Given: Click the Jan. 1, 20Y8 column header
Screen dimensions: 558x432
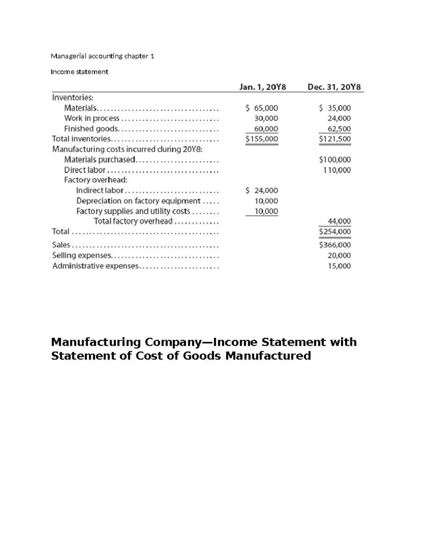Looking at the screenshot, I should pyautogui.click(x=262, y=87).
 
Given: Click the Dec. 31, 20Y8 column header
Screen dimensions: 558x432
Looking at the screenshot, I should pyautogui.click(x=334, y=87).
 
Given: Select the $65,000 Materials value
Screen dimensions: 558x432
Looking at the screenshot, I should pyautogui.click(x=262, y=108).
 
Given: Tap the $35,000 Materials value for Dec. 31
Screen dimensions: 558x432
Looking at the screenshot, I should pyautogui.click(x=335, y=108).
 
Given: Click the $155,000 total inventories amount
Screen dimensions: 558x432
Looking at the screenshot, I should pyautogui.click(x=262, y=139).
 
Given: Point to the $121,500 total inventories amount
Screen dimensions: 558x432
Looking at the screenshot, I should pyautogui.click(x=335, y=139).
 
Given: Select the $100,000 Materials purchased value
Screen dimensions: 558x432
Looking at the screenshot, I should pyautogui.click(x=335, y=160).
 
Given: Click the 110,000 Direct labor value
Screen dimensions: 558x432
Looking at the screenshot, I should pyautogui.click(x=337, y=170).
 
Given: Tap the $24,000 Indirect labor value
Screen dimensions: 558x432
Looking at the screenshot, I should pyautogui.click(x=262, y=190).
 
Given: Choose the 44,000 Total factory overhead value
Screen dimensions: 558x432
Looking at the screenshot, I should pyautogui.click(x=339, y=221).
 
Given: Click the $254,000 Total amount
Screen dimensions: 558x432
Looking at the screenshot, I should pyautogui.click(x=335, y=231).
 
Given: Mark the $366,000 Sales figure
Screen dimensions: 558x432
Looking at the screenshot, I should pyautogui.click(x=335, y=245).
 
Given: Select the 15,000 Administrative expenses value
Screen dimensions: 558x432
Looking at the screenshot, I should pyautogui.click(x=339, y=266).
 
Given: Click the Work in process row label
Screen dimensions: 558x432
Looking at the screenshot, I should pyautogui.click(x=91, y=118).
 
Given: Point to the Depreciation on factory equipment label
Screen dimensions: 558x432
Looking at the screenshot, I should pyautogui.click(x=138, y=201).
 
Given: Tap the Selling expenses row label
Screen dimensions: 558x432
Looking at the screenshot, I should pyautogui.click(x=82, y=255).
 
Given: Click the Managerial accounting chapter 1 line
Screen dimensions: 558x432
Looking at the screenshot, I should pyautogui.click(x=103, y=56).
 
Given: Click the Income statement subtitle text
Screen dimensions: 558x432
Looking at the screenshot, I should pyautogui.click(x=79, y=72).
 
